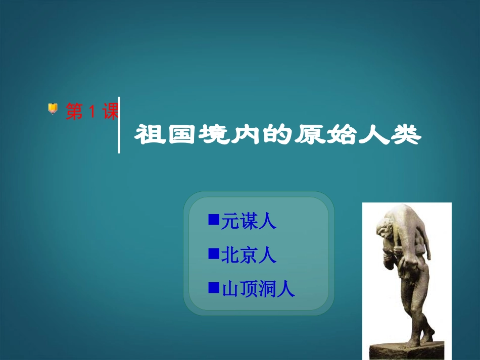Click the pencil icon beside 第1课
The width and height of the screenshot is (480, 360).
53,108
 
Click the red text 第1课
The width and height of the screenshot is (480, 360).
92,112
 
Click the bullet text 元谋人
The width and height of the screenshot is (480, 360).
249,221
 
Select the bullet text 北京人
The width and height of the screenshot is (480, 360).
249,255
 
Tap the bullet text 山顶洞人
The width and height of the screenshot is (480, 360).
258,289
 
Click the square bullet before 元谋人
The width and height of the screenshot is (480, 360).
213,220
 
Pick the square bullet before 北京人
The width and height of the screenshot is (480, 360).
213,253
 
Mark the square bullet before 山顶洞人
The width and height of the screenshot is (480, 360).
213,287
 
